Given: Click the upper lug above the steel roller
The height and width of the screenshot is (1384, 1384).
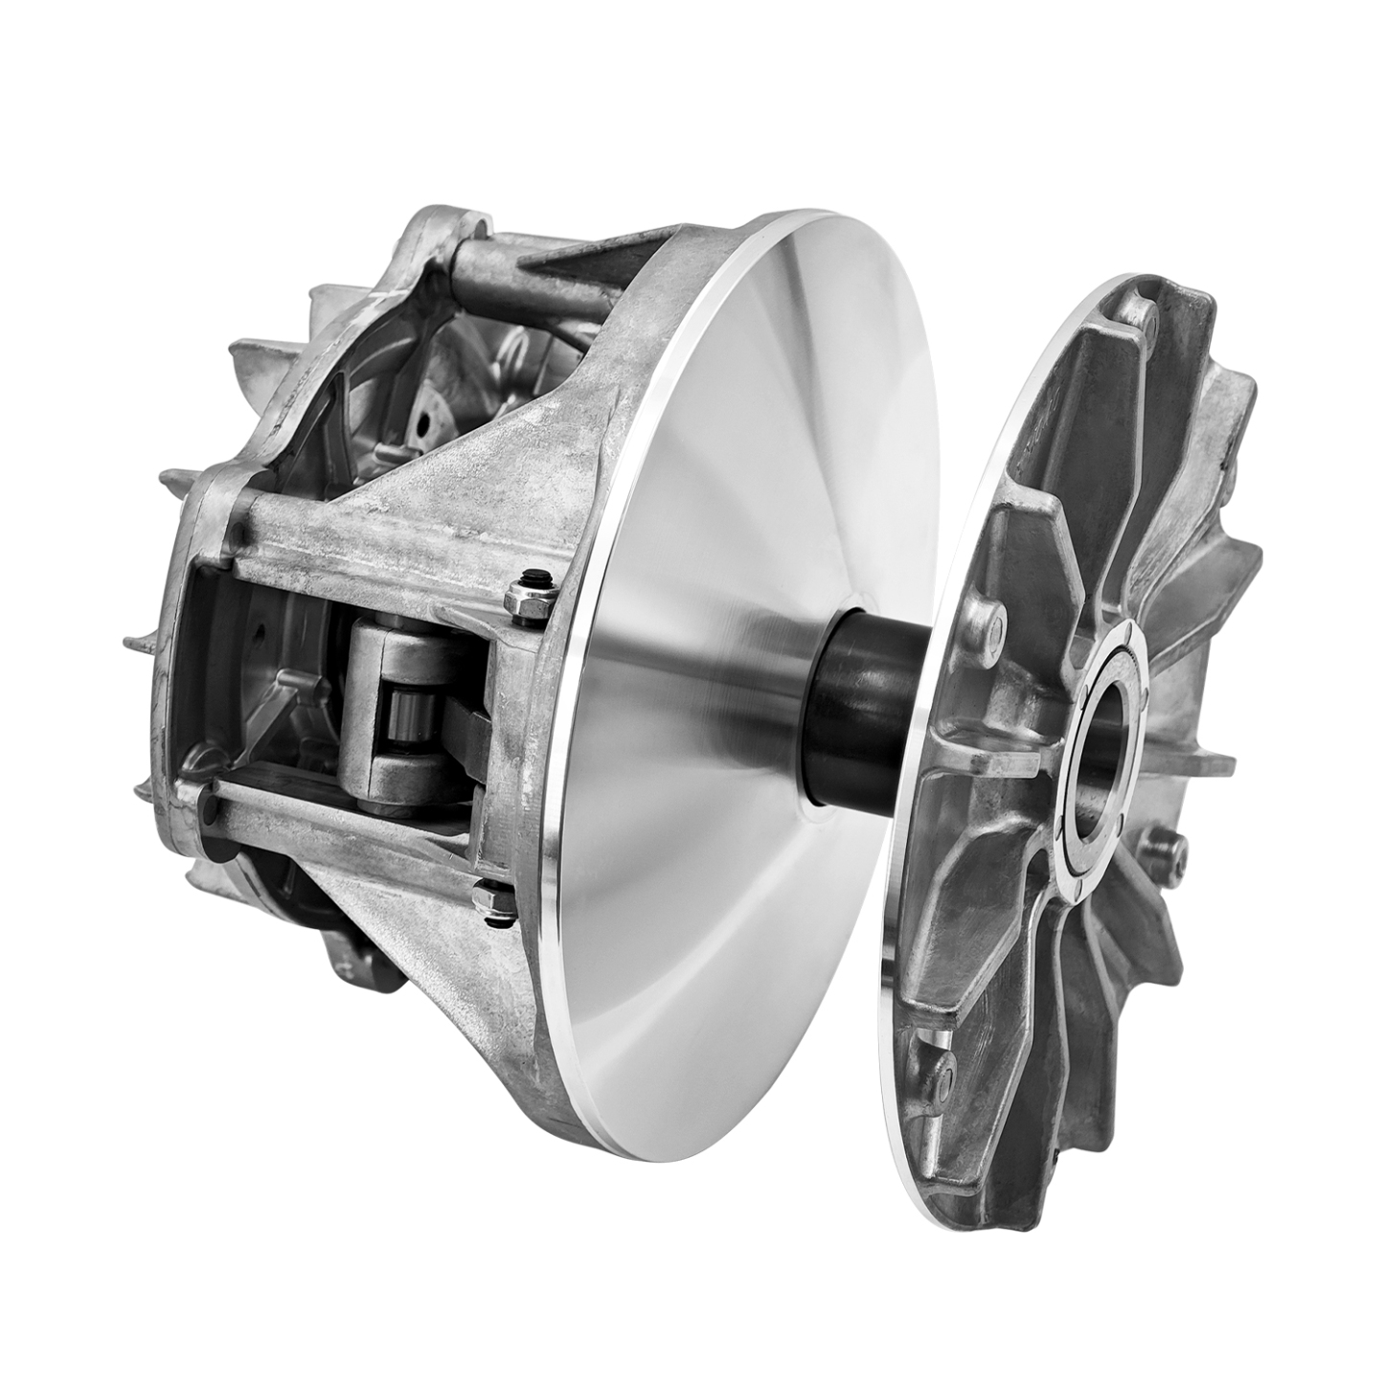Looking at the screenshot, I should pos(402,651).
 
